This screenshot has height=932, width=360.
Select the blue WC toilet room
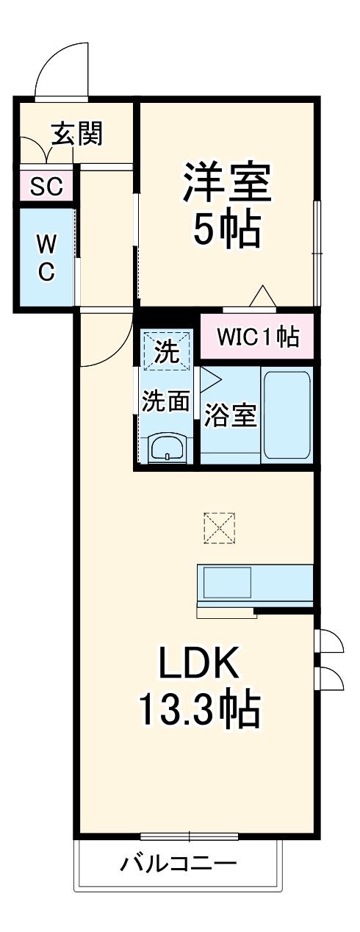tap(46, 257)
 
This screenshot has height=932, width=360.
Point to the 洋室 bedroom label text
tap(227, 183)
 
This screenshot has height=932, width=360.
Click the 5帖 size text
tap(227, 231)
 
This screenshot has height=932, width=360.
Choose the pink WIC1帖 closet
tap(257, 337)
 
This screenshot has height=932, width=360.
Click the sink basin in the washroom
tap(169, 447)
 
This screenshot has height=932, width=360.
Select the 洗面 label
tap(166, 401)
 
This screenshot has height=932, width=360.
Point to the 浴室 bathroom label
tap(230, 415)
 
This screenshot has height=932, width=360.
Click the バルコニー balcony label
tap(179, 862)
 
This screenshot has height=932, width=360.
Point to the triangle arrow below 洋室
tap(262, 296)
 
